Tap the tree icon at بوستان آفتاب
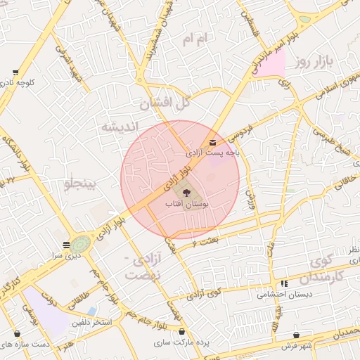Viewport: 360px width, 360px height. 186,193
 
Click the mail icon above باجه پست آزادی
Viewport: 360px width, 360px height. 213,143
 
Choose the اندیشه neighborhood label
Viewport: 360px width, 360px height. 117,127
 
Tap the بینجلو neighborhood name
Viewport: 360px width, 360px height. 84,184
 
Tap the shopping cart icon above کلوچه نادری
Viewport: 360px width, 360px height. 15,72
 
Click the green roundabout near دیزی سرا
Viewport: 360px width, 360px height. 80,243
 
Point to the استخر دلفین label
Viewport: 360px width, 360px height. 90,323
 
